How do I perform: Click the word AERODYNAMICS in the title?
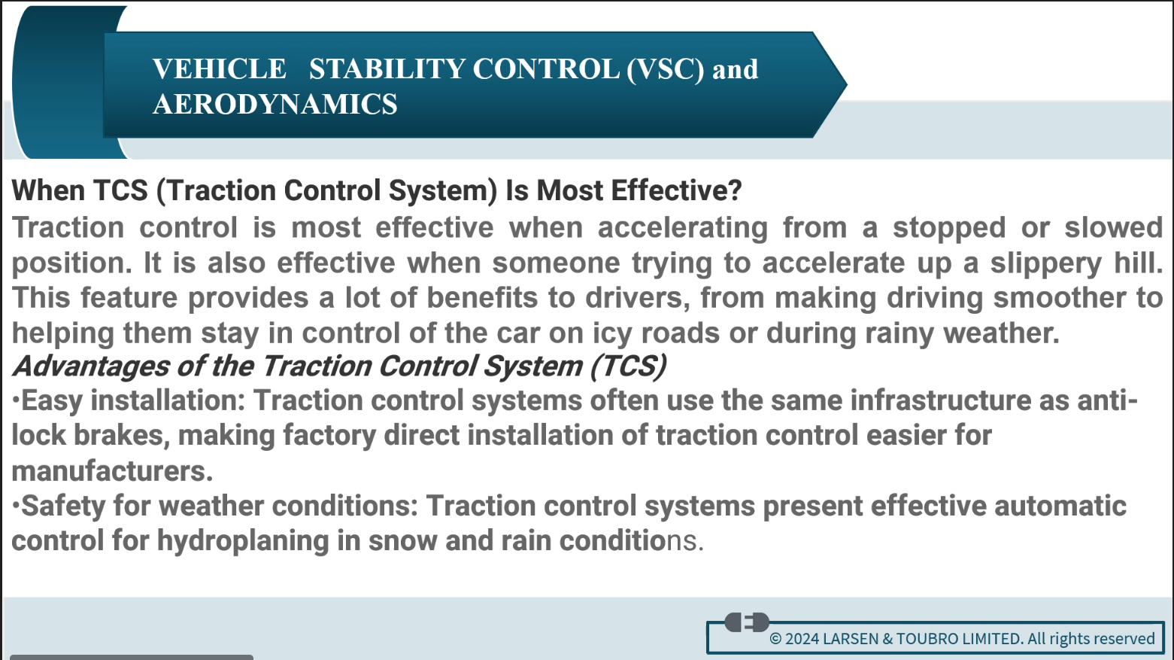click(x=275, y=104)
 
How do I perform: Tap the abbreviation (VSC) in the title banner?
click(x=665, y=69)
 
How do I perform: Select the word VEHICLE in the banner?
click(x=220, y=68)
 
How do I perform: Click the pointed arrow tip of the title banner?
click(x=846, y=84)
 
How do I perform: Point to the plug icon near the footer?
click(x=747, y=622)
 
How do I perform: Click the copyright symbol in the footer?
click(x=775, y=638)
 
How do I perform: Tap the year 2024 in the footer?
click(x=802, y=638)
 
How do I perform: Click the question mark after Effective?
click(x=735, y=190)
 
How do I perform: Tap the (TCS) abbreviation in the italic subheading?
click(x=629, y=366)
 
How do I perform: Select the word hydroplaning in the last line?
click(x=243, y=541)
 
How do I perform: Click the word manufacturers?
click(x=112, y=470)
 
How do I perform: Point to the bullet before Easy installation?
click(x=16, y=400)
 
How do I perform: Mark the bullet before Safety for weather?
click(x=16, y=505)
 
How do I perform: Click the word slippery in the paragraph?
click(x=1046, y=263)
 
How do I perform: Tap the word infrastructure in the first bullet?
click(x=941, y=400)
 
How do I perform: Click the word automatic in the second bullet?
click(x=1060, y=506)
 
